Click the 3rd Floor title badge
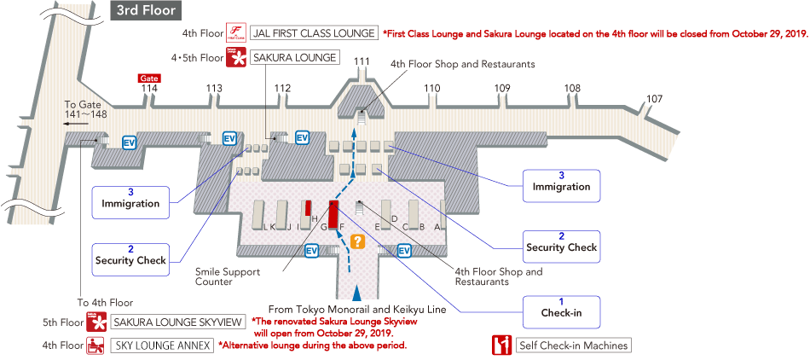click(x=145, y=10)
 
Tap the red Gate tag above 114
click(x=149, y=78)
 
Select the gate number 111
click(x=362, y=61)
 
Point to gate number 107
click(x=655, y=99)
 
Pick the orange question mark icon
click(x=357, y=241)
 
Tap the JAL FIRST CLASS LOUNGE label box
click(x=314, y=33)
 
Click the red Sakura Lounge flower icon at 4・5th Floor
click(x=235, y=57)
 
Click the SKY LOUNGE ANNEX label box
click(x=162, y=345)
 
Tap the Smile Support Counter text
click(x=228, y=277)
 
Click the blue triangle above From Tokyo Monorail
click(x=357, y=293)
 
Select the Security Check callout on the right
click(x=562, y=243)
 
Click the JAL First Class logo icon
click(x=235, y=33)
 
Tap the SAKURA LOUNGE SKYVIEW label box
click(x=177, y=322)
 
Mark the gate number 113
click(x=214, y=88)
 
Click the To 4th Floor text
click(x=105, y=303)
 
